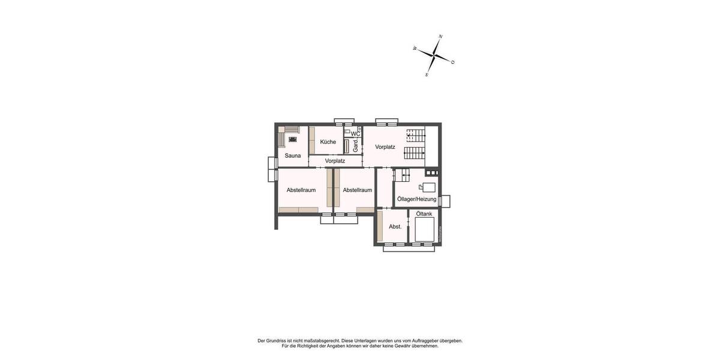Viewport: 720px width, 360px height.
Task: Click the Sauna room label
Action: (293, 156)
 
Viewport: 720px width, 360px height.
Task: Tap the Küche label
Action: (328, 142)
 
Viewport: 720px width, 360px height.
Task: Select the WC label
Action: (355, 134)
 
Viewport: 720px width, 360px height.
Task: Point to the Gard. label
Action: (356, 146)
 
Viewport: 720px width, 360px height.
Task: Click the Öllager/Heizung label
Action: (417, 199)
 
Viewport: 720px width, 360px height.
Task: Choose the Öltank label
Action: (424, 214)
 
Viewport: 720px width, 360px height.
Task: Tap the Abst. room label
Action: (395, 227)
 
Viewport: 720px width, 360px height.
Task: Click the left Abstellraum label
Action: (301, 190)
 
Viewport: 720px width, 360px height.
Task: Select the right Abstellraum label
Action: (358, 190)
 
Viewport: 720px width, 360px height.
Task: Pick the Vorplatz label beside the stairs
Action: (385, 147)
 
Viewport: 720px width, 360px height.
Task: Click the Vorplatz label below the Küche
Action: (335, 161)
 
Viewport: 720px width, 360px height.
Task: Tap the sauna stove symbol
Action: (292, 139)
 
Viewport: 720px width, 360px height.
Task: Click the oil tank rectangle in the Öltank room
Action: (424, 229)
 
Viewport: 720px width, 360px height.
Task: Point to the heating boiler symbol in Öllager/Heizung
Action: (428, 187)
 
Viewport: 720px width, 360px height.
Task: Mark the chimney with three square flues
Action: (432, 173)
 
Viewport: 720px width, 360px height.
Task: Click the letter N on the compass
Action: (441, 37)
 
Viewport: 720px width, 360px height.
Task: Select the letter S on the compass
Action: (427, 75)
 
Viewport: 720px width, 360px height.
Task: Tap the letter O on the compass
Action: (452, 62)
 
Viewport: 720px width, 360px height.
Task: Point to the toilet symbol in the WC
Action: (347, 131)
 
